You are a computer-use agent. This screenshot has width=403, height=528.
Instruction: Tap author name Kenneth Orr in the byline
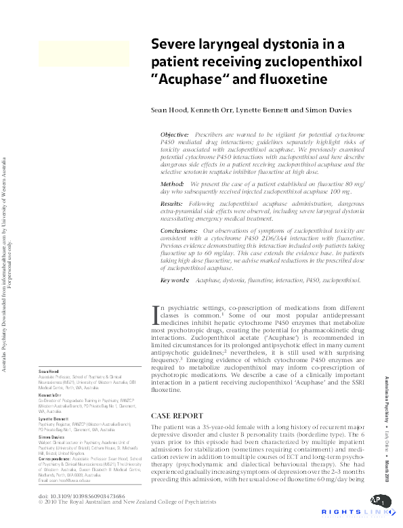(x=215, y=110)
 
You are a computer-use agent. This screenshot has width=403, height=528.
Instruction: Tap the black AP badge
(x=379, y=501)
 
